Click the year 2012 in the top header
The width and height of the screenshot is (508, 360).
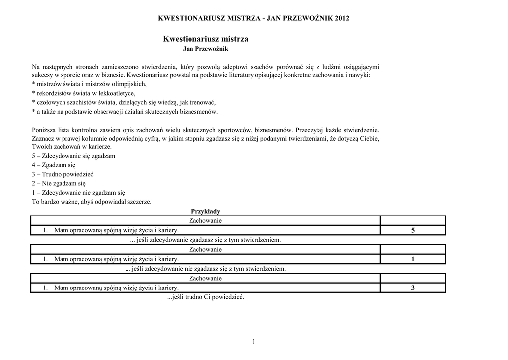click(342, 18)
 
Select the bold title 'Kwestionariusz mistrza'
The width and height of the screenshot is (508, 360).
click(205, 39)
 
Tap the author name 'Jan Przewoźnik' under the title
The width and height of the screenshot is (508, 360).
click(205, 49)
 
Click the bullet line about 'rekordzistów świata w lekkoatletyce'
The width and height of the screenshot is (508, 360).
click(83, 93)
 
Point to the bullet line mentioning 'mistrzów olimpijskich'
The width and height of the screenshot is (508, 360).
click(89, 84)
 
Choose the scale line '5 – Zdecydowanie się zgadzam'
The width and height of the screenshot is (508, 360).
click(73, 156)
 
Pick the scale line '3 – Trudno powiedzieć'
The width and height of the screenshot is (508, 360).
click(63, 174)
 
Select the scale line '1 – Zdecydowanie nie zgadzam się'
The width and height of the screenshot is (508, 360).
click(78, 192)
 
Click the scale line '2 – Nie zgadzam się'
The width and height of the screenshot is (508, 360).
click(59, 183)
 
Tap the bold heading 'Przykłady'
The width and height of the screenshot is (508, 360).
click(205, 211)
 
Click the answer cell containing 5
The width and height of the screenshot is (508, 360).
click(412, 230)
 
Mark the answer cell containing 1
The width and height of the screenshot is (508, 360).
click(412, 259)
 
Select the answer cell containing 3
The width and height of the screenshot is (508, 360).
click(412, 288)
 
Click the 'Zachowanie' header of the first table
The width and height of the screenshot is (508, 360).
click(205, 220)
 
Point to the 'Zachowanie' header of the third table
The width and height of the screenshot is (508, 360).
click(205, 278)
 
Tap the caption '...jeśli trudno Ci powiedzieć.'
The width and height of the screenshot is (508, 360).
click(205, 297)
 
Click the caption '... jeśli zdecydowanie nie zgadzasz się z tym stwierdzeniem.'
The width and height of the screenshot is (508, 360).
click(205, 269)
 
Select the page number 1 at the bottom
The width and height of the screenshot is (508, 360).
click(253, 341)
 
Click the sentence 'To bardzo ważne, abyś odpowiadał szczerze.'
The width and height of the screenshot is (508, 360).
click(92, 202)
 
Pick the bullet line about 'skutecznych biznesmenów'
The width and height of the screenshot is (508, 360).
click(125, 111)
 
